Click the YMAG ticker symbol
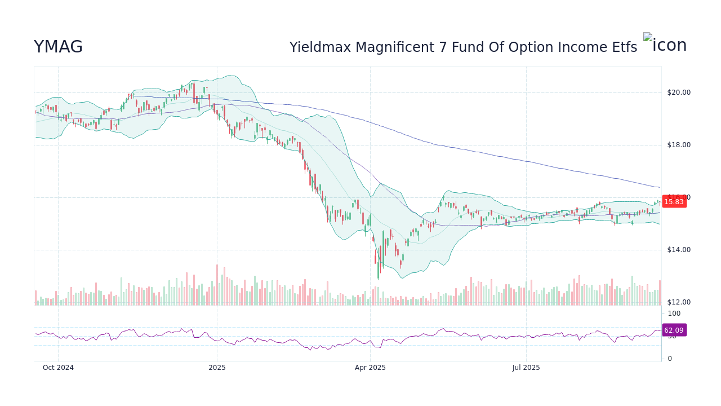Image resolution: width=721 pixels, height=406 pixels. [58, 47]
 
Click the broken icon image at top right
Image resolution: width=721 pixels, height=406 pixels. [665, 44]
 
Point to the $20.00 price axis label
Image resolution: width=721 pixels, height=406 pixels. [678, 92]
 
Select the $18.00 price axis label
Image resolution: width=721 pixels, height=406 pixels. [678, 145]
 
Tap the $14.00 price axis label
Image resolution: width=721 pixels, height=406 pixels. [678, 250]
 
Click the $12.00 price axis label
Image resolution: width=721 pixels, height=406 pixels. [678, 302]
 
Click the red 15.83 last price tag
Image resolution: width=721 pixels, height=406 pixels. [674, 202]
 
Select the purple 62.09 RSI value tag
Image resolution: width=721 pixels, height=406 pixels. [674, 330]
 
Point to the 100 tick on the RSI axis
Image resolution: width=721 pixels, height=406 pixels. [674, 314]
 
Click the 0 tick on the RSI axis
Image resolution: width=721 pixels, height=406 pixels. [670, 359]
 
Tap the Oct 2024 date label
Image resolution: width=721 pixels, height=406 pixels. [58, 368]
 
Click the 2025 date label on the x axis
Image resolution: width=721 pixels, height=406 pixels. [217, 368]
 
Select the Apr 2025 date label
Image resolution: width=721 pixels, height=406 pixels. [370, 368]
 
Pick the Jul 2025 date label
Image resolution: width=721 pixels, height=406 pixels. [526, 368]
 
